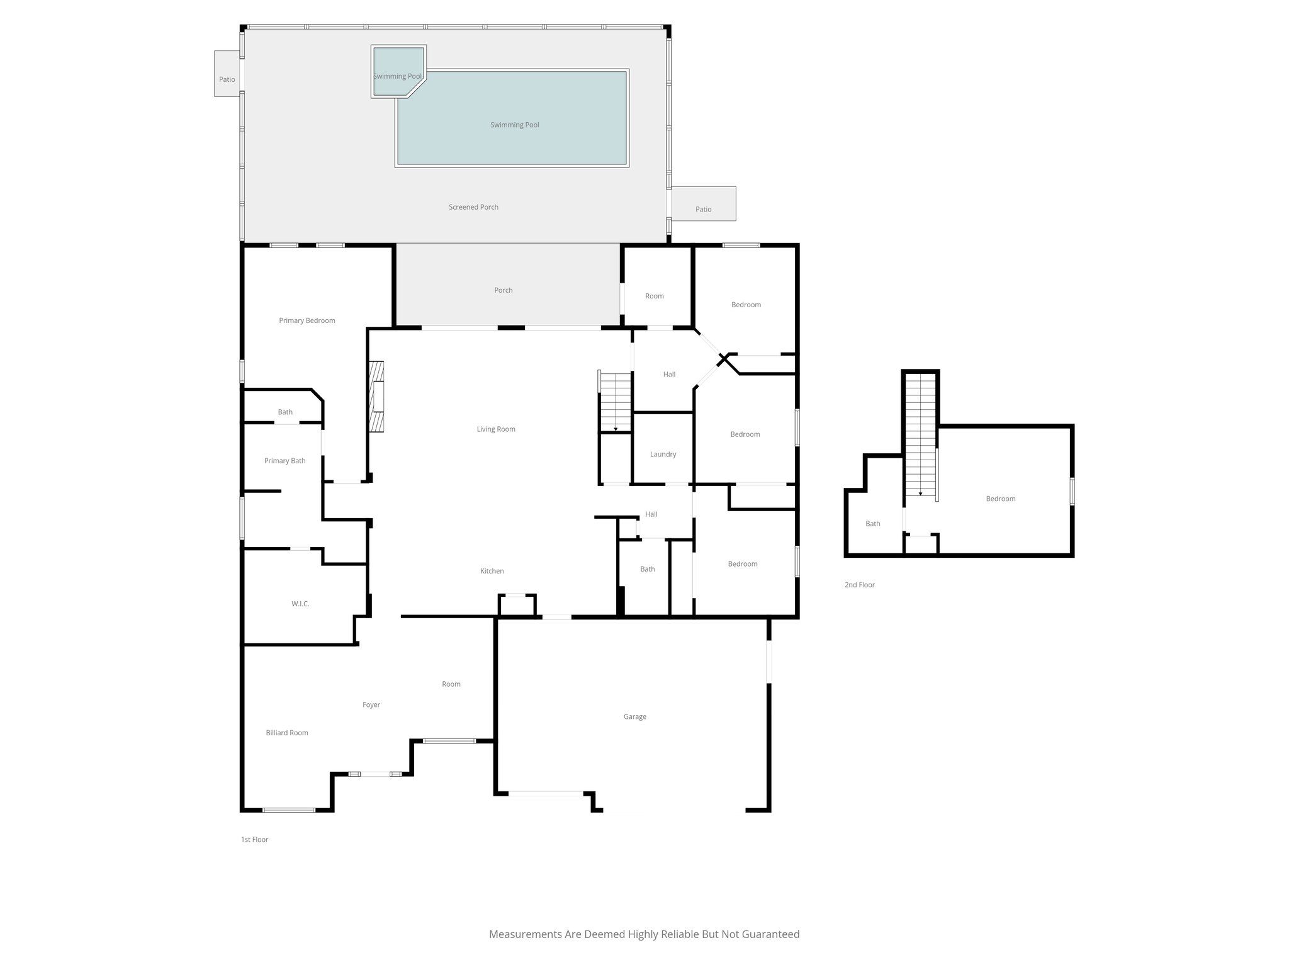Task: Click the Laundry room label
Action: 663,454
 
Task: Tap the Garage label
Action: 634,716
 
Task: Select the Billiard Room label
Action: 286,733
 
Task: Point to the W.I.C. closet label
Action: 300,604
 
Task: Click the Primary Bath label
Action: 284,461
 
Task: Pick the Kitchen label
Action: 492,571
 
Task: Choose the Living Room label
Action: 496,429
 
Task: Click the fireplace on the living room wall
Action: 376,397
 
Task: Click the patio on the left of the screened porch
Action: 227,74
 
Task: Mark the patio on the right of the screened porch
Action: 703,204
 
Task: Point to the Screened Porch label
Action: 473,207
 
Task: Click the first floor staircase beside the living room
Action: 615,402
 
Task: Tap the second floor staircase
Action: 921,434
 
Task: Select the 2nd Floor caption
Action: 859,585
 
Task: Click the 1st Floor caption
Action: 254,839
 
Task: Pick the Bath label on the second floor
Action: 872,524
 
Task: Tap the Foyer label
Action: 371,705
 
